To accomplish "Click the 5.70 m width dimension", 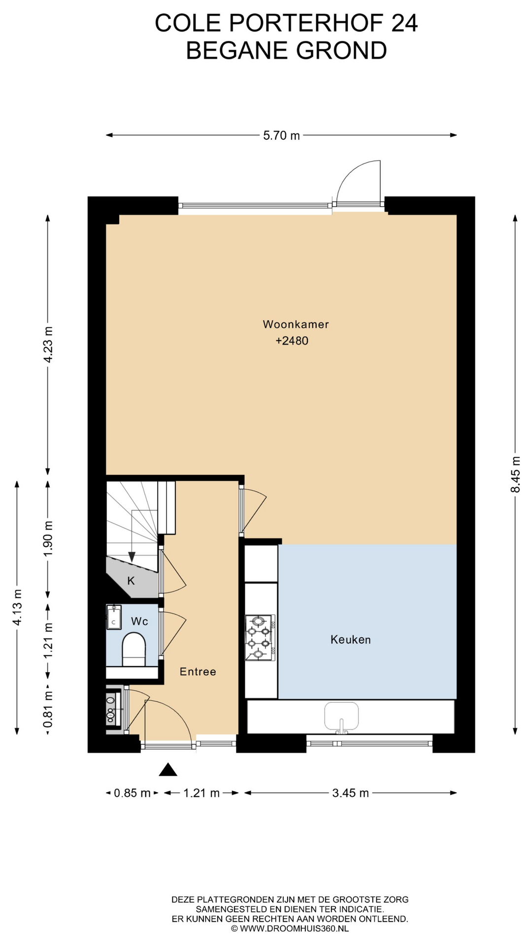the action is pyautogui.click(x=281, y=135).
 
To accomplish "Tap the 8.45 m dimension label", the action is pyautogui.click(x=515, y=474).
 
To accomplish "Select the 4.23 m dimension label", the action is pyautogui.click(x=48, y=345).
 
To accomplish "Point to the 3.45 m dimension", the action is pyautogui.click(x=350, y=793).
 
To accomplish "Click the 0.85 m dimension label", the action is pyautogui.click(x=132, y=793).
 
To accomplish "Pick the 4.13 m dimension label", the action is pyautogui.click(x=17, y=607).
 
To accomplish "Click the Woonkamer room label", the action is pyautogui.click(x=296, y=324).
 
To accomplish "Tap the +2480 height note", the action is pyautogui.click(x=292, y=341).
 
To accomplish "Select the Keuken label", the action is pyautogui.click(x=351, y=640).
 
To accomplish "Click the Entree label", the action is pyautogui.click(x=198, y=672).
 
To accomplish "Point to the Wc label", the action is pyautogui.click(x=139, y=622).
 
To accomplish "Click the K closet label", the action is pyautogui.click(x=131, y=581).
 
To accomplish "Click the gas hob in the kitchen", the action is pyautogui.click(x=260, y=638).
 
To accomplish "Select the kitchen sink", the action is pyautogui.click(x=341, y=717).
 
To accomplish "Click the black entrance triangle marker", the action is pyautogui.click(x=168, y=769).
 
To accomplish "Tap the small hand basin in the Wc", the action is pyautogui.click(x=114, y=618).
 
